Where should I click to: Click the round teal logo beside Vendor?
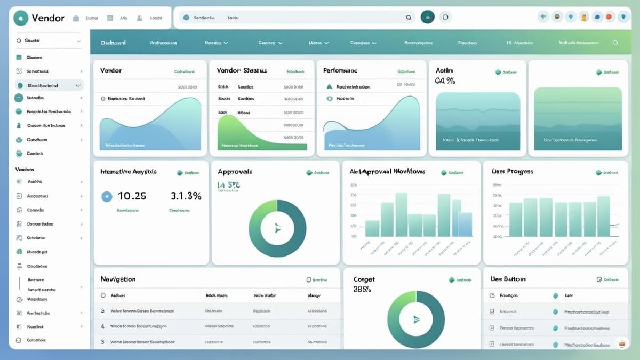(20, 18)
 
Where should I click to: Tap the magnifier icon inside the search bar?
(409, 18)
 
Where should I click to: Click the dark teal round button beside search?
(427, 17)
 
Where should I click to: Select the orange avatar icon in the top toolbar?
(584, 17)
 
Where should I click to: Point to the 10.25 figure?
(132, 196)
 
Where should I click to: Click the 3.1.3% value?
(186, 196)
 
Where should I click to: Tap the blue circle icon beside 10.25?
(107, 196)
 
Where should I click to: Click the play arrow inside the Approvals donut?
(277, 229)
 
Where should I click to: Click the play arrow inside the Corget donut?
(416, 319)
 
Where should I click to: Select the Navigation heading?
(118, 279)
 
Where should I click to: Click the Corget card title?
(364, 279)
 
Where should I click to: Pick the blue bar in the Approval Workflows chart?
(465, 224)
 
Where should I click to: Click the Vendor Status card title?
(242, 70)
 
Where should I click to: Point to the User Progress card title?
(511, 171)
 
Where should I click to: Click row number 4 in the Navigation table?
(102, 325)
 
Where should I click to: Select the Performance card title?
(340, 70)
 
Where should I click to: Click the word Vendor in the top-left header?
(48, 18)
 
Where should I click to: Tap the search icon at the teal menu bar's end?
(615, 42)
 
